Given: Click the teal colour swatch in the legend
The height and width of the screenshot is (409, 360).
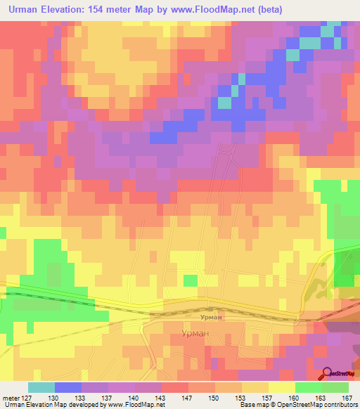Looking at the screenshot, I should pos(41,387).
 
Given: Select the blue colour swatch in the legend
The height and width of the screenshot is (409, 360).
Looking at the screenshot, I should pos(67,387).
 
